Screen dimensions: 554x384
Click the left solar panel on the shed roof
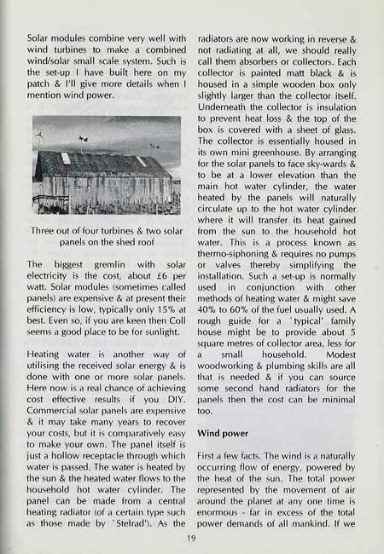pos(66,159)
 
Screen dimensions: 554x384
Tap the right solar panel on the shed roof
pos(141,160)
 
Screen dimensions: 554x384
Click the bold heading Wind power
pos(226,432)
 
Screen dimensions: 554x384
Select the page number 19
pos(191,537)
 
